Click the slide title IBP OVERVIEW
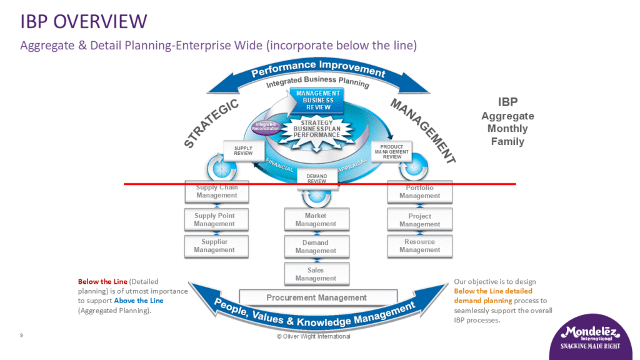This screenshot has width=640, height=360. pyautogui.click(x=84, y=22)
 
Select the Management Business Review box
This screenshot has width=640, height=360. pyautogui.click(x=318, y=101)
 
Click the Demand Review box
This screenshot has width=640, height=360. pyautogui.click(x=317, y=178)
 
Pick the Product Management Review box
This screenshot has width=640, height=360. pyautogui.click(x=392, y=152)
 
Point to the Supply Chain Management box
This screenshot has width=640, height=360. pyautogui.click(x=216, y=192)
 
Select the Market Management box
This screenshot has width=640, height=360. pyautogui.click(x=316, y=220)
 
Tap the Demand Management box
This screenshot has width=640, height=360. pyautogui.click(x=316, y=247)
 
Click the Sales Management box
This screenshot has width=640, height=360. pyautogui.click(x=316, y=274)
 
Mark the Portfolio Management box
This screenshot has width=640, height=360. pyautogui.click(x=419, y=192)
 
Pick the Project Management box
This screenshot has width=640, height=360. pyautogui.click(x=419, y=221)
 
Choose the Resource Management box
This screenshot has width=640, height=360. pyautogui.click(x=419, y=246)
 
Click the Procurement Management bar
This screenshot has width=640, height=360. pyautogui.click(x=317, y=297)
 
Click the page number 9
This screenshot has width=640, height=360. pyautogui.click(x=22, y=336)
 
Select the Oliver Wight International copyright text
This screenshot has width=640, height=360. pyautogui.click(x=313, y=336)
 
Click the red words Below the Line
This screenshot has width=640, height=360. pyautogui.click(x=96, y=282)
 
